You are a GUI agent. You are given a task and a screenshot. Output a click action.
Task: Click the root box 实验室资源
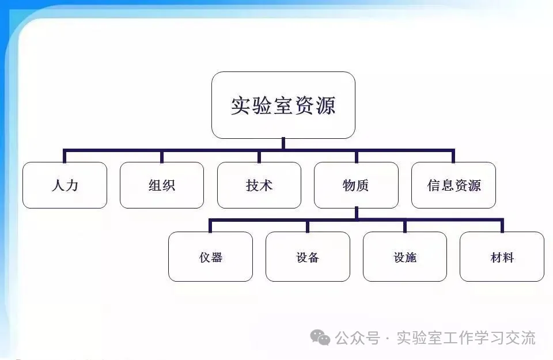[x=283, y=105]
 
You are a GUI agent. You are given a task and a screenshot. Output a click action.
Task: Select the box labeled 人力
[x=65, y=185]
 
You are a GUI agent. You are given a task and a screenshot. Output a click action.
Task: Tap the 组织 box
[x=162, y=185]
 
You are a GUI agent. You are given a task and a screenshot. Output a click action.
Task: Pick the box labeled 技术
[x=259, y=185]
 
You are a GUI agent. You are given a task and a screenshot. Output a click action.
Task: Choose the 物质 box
[x=356, y=185]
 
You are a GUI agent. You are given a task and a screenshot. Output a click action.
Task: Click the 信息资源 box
[x=453, y=185]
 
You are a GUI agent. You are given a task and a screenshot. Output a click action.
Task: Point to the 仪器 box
[x=210, y=257]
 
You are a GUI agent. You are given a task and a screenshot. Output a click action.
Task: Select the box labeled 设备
[x=308, y=257]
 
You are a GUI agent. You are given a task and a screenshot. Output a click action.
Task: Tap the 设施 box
[x=405, y=257]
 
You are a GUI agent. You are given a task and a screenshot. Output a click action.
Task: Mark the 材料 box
[x=502, y=257]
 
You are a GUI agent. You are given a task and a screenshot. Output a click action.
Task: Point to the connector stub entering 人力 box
[x=65, y=156]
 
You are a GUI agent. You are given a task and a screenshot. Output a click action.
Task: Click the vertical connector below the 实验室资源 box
[x=283, y=143]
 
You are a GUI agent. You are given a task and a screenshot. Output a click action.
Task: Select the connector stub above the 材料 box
[x=502, y=226]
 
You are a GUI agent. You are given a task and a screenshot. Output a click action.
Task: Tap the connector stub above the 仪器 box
[x=210, y=226]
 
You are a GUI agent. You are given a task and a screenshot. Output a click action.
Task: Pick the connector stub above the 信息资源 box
[x=453, y=156]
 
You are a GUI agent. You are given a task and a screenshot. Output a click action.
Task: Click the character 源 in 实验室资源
[x=325, y=105]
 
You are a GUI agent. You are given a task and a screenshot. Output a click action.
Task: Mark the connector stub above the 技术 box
[x=259, y=157]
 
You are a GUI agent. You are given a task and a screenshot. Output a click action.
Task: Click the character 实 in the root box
[x=240, y=105]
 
